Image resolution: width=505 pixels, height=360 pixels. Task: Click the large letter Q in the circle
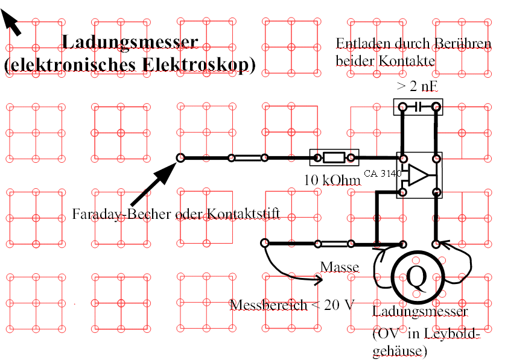click(417, 276)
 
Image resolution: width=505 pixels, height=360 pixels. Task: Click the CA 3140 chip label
click(383, 173)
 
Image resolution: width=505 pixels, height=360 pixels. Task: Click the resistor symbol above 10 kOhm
click(334, 158)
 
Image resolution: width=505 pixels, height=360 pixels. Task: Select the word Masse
click(340, 267)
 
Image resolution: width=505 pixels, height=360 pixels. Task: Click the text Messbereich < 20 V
click(292, 305)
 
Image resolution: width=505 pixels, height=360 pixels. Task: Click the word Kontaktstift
click(245, 214)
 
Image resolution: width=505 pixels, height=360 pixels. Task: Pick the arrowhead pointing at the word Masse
click(318, 279)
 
